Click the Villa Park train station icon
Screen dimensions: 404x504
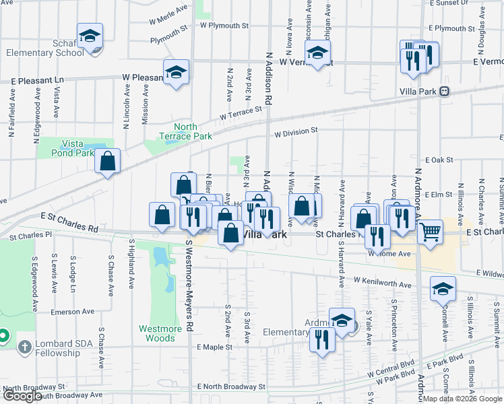pyautogui.click(x=444, y=92)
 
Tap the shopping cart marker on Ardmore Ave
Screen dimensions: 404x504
pyautogui.click(x=430, y=233)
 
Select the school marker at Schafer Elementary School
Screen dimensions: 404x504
pyautogui.click(x=90, y=37)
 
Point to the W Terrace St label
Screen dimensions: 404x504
pyautogui.click(x=241, y=113)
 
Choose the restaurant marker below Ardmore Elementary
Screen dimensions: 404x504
pyautogui.click(x=322, y=339)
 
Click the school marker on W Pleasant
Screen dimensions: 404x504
pyautogui.click(x=176, y=72)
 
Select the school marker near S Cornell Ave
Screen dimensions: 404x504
pyautogui.click(x=442, y=289)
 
